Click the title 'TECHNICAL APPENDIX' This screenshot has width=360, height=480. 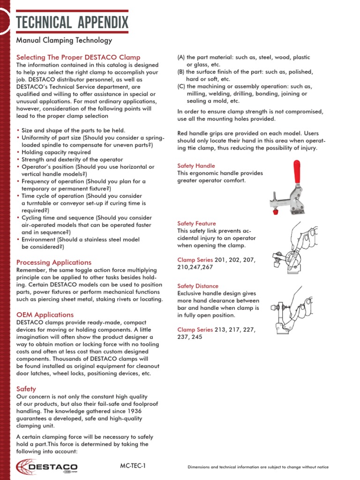72,22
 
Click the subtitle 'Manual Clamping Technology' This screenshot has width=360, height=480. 64,41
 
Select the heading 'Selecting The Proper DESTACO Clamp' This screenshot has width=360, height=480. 78,57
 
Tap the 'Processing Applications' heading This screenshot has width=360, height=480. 54,262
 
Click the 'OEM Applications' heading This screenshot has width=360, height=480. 45,315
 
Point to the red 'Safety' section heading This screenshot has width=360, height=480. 26,389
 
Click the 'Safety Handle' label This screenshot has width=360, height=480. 196,166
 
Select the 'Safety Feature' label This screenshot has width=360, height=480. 196,224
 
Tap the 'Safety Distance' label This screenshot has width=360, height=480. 197,286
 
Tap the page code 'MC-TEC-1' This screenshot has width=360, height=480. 133,466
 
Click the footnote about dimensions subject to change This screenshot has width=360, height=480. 258,467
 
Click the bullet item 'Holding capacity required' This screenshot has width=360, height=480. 56,152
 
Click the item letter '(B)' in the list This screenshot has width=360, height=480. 181,72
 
